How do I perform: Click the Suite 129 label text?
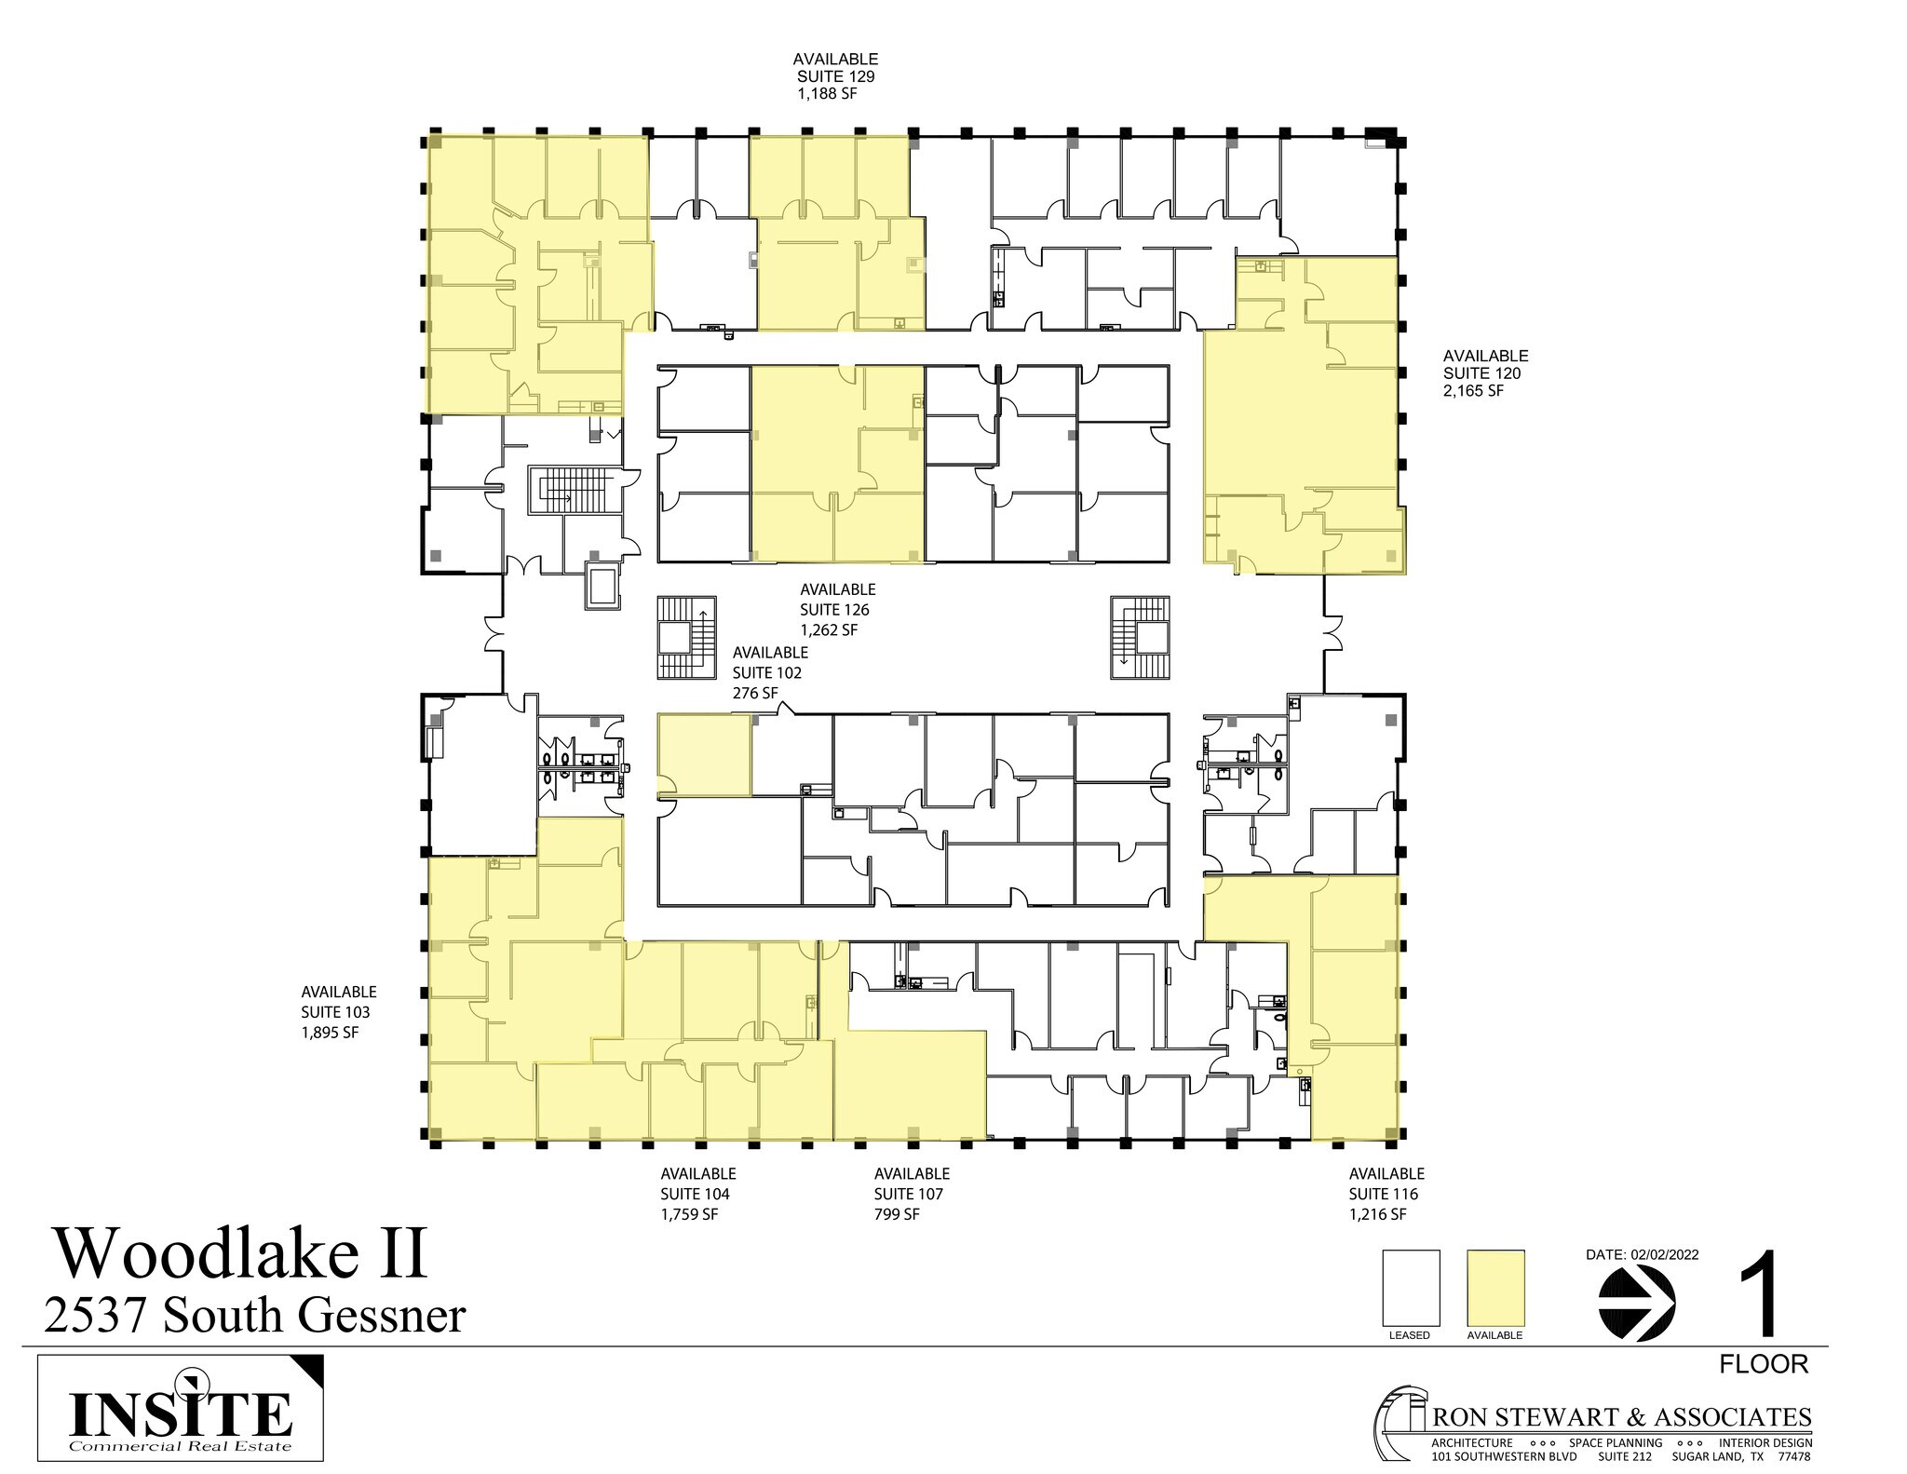(835, 77)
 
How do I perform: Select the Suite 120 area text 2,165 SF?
(1473, 391)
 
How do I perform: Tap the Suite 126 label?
(834, 610)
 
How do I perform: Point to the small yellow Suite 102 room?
(704, 754)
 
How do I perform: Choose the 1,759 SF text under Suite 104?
(689, 1214)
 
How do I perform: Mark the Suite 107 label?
(909, 1194)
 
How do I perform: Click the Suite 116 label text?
(1384, 1194)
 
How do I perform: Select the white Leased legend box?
(1411, 1288)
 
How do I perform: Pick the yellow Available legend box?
(1495, 1288)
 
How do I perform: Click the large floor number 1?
(1760, 1295)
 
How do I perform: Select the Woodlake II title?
(242, 1254)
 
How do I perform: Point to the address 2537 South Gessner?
(254, 1316)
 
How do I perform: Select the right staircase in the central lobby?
(1140, 638)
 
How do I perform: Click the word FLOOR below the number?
(1763, 1364)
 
